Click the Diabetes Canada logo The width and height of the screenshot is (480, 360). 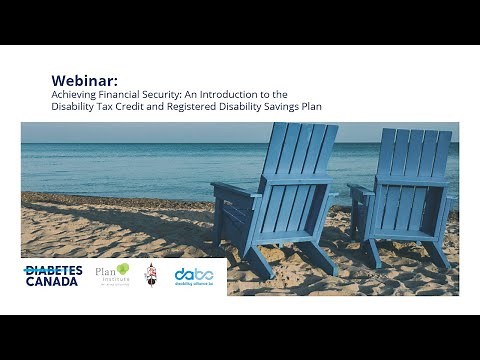pyautogui.click(x=52, y=275)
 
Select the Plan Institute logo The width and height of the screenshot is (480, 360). pyautogui.click(x=112, y=274)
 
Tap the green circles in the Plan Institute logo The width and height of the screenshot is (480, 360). pyautogui.click(x=123, y=268)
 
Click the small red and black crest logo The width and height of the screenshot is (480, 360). pyautogui.click(x=151, y=274)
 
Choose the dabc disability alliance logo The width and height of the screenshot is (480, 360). pyautogui.click(x=194, y=275)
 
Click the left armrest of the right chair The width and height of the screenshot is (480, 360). pyautogui.click(x=361, y=189)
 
